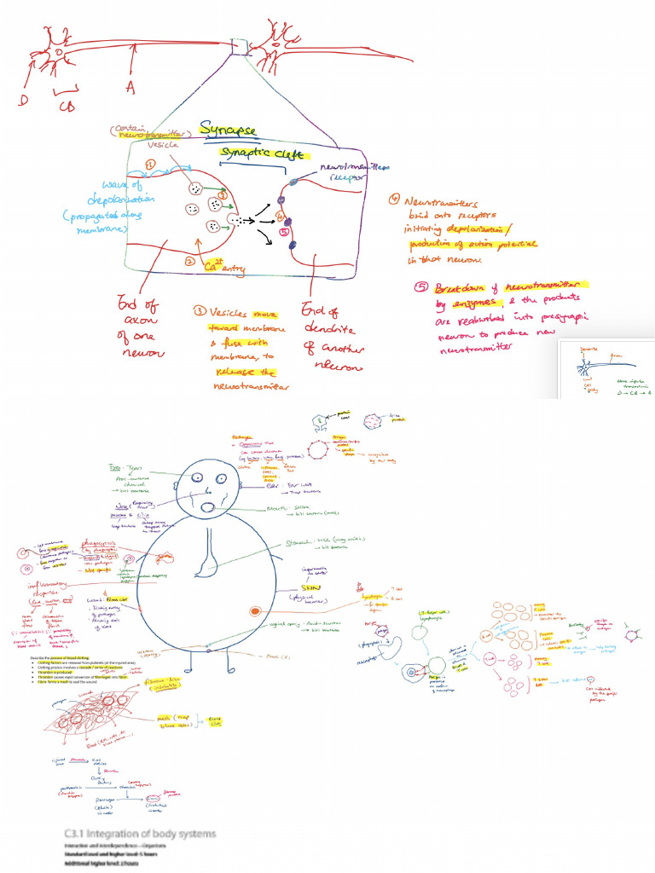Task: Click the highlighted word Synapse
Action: [228, 129]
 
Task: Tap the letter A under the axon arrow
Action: [130, 87]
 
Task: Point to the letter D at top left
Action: [14, 101]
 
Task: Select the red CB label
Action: [67, 107]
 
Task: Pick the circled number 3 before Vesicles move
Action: [200, 310]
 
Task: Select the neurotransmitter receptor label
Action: [353, 173]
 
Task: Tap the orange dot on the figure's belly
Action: [254, 611]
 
